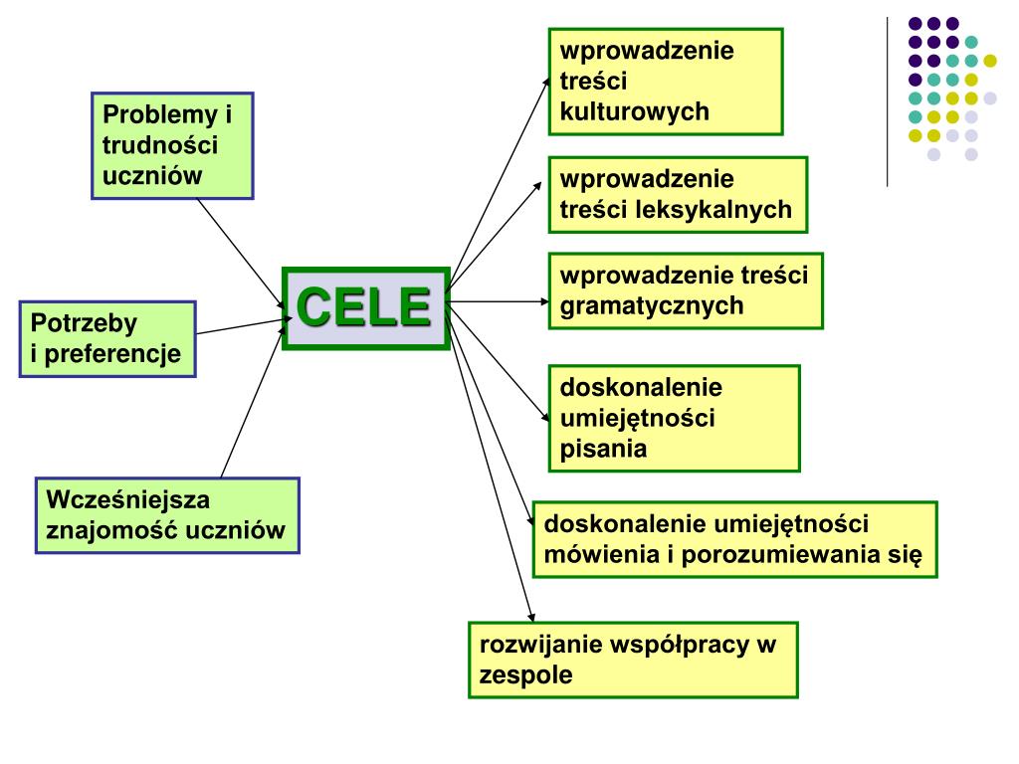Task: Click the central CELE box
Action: [366, 307]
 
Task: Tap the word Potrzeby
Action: [84, 323]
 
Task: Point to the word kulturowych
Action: [635, 110]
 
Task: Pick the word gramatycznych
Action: [652, 305]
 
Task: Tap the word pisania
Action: [603, 448]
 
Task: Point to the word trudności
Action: [160, 145]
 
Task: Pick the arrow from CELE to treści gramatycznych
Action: [498, 299]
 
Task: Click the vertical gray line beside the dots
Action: [887, 99]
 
